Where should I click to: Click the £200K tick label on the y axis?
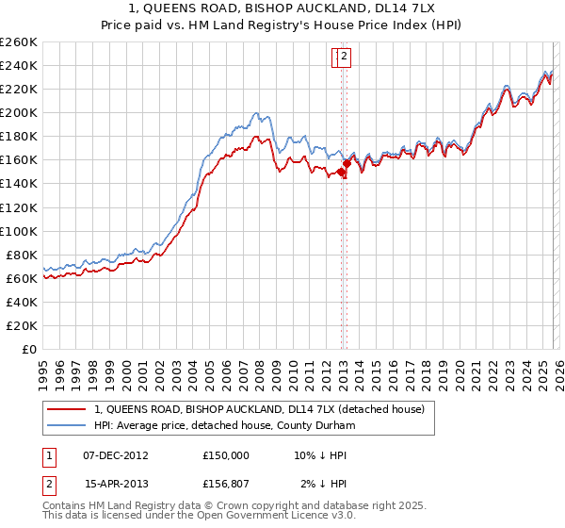[x=19, y=112]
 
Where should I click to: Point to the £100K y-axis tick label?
[x=19, y=231]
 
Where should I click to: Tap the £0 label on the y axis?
[x=29, y=349]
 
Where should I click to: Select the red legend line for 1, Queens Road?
[x=66, y=410]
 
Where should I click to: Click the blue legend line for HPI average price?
[x=66, y=425]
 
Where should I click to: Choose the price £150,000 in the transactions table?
[x=226, y=454]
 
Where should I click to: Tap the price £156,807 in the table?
[x=226, y=485]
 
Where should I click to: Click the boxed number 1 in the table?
[x=48, y=454]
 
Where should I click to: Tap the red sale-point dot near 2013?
[x=347, y=164]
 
